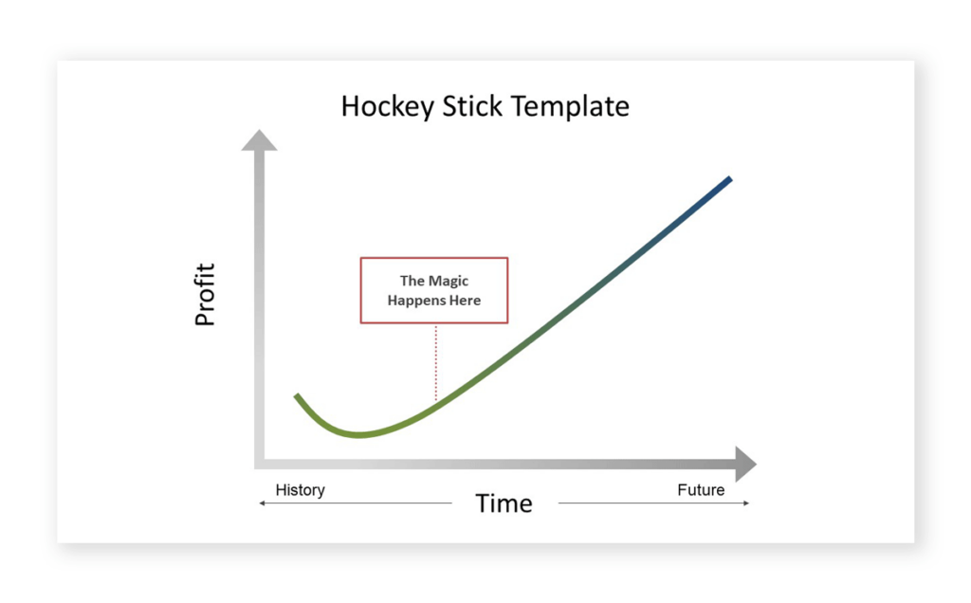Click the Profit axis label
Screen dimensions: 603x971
205,295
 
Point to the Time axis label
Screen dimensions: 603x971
504,503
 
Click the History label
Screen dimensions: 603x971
300,490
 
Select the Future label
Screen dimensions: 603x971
701,490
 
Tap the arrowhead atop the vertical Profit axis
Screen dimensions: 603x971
259,140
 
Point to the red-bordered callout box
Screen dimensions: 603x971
434,290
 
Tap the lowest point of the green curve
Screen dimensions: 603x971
359,435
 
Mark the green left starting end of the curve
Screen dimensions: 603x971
298,396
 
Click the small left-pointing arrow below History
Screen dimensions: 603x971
264,503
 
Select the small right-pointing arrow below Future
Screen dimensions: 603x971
745,503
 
